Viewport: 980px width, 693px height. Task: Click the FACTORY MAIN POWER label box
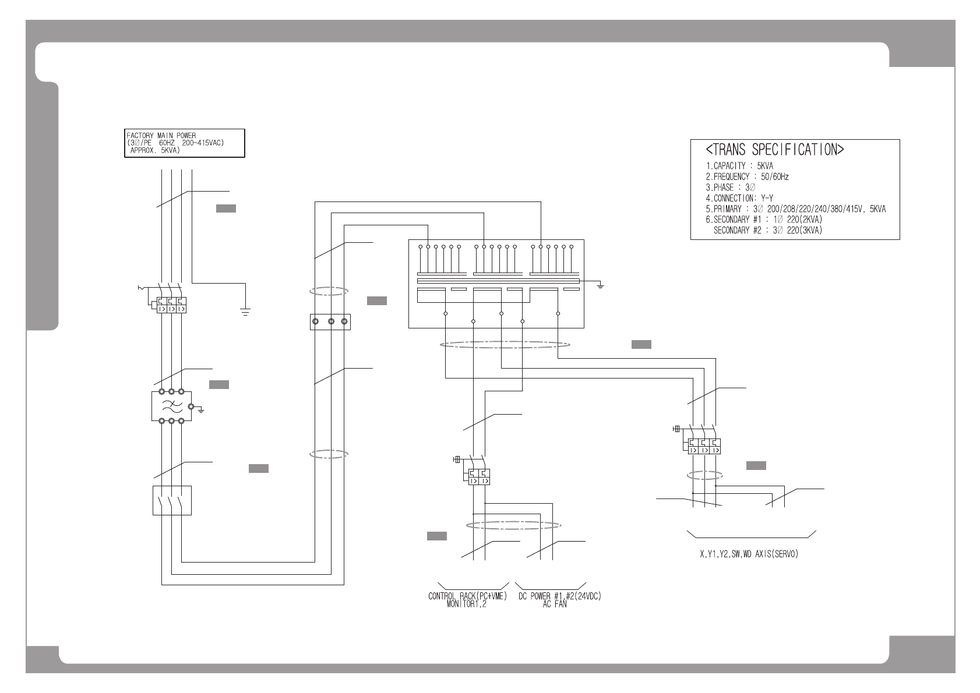click(x=185, y=143)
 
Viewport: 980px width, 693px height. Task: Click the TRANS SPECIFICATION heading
click(x=775, y=150)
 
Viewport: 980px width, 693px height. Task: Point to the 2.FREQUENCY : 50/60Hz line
click(x=747, y=176)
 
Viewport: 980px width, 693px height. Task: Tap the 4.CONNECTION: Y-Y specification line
click(x=739, y=198)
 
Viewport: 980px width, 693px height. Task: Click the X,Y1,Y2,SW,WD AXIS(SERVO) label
click(x=749, y=554)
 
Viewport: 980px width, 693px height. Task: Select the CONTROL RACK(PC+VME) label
click(x=468, y=596)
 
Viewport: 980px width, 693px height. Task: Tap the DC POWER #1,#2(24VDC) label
click(x=559, y=596)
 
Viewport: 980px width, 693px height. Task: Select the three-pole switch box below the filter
click(x=172, y=500)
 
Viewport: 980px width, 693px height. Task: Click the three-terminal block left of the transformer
click(x=330, y=321)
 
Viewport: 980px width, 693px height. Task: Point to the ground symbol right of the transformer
click(x=601, y=285)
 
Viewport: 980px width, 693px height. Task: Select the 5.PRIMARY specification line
click(x=795, y=209)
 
